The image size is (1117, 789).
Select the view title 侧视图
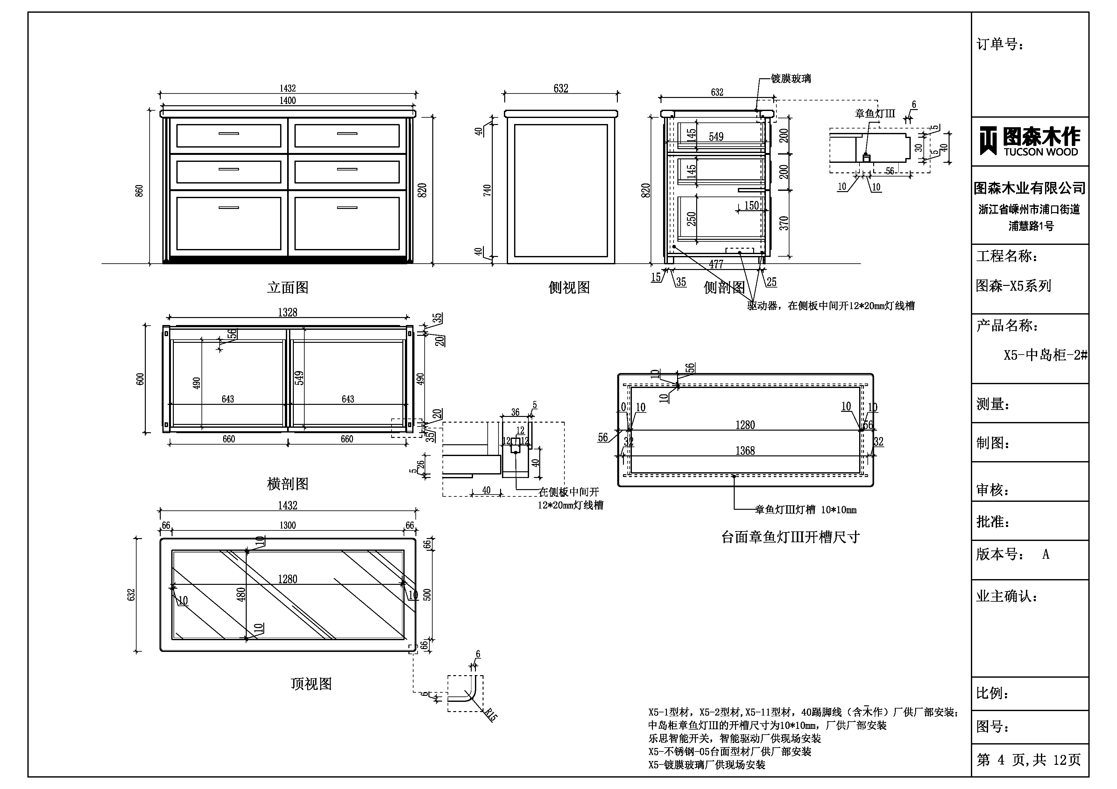click(569, 288)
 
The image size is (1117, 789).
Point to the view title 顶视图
click(311, 684)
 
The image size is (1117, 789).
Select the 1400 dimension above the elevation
click(287, 100)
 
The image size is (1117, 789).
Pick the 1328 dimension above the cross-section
click(287, 313)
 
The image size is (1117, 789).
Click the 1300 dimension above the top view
click(287, 525)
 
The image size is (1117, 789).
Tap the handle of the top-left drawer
click(229, 134)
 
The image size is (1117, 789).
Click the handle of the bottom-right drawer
click(347, 208)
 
